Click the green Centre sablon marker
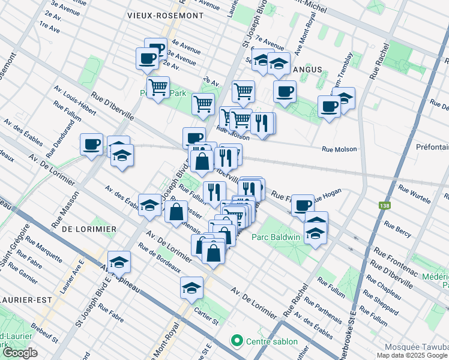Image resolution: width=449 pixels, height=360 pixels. (237, 341)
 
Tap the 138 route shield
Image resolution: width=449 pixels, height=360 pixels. (383, 206)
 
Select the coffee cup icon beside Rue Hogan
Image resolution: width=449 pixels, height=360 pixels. (303, 205)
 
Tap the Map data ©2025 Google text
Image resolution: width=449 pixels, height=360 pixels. (412, 355)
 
